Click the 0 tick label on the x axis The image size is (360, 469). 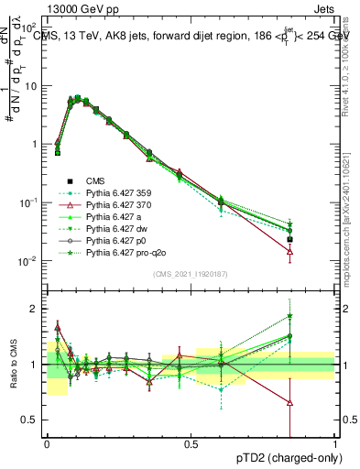pos(47,444)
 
